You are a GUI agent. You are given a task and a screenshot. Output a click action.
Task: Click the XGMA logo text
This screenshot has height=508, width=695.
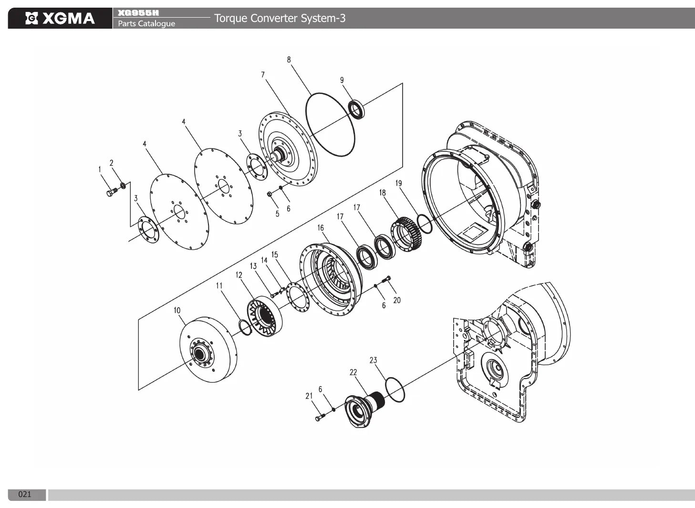(68, 18)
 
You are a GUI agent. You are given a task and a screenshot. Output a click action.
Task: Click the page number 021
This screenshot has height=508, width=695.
(25, 494)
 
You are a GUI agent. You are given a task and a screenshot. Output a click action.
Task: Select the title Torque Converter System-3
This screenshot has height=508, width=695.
(280, 18)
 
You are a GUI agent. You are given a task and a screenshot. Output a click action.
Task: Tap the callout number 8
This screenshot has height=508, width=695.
(289, 60)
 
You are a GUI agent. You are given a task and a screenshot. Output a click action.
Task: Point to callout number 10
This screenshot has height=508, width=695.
(177, 310)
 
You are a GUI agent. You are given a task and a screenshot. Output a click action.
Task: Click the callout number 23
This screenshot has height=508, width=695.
(373, 360)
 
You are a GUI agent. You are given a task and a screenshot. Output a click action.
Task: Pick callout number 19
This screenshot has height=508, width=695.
(399, 183)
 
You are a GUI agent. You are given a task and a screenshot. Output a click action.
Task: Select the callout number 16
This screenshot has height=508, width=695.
(321, 228)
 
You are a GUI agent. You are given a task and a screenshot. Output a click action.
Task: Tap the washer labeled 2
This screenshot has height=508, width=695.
(123, 185)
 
